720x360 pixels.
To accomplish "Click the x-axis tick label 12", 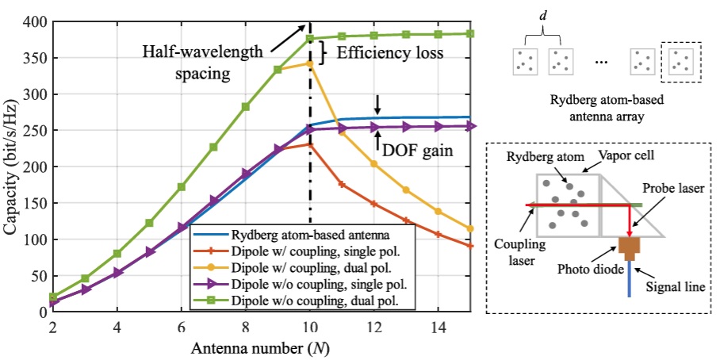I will tap(375, 327).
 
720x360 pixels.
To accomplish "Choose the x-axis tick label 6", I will tap(182, 327).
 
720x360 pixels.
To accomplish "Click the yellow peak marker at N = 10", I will tap(310, 63).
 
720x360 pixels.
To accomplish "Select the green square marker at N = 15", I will tap(470, 33).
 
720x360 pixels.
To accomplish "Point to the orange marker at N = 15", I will tap(470, 246).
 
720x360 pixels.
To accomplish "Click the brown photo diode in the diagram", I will tap(630, 247).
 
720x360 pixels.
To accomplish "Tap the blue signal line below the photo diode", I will tap(630, 279).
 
